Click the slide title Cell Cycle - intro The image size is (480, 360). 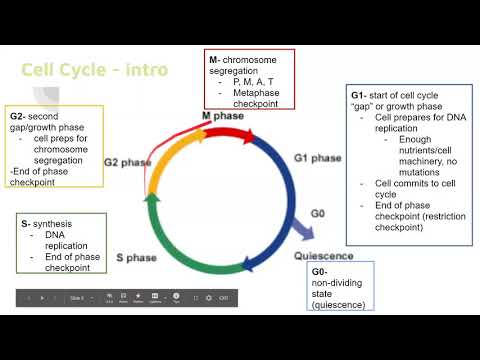[x=95, y=70]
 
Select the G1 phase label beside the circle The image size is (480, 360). [x=318, y=158]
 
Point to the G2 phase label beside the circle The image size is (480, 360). [x=129, y=162]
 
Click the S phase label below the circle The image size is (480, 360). [x=135, y=257]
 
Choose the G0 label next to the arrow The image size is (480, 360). [x=319, y=213]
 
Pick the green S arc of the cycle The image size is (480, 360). [x=196, y=255]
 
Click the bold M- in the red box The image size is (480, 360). [x=215, y=60]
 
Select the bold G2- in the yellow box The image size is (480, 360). [x=19, y=116]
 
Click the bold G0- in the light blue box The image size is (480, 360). [x=319, y=272]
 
